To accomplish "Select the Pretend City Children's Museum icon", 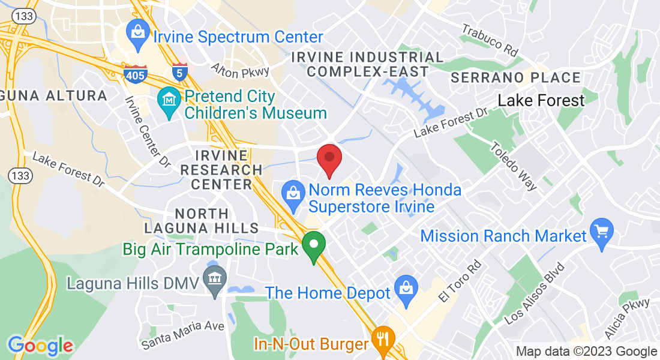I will coord(170,98).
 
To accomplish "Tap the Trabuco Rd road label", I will coord(489,40).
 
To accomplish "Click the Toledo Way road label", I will coord(514,166).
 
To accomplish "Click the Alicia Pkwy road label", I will coord(628,317).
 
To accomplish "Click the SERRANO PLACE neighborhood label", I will coord(515,78).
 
